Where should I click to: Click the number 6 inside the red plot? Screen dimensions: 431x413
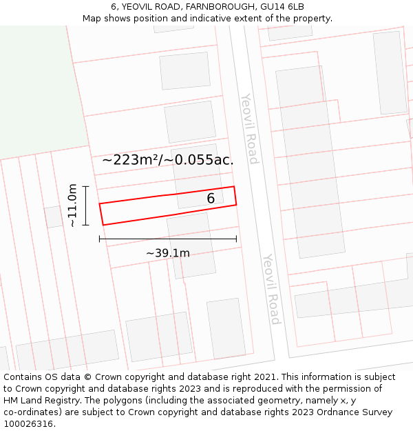[x=211, y=199]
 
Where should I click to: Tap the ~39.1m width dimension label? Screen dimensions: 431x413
[x=168, y=253]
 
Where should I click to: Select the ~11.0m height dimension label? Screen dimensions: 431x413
[x=72, y=206]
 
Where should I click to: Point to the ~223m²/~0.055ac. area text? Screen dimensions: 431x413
[x=168, y=160]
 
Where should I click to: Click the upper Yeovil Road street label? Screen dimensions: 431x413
[x=249, y=129]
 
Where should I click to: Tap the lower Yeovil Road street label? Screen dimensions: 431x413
[x=271, y=289]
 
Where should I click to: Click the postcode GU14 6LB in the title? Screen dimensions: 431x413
[x=282, y=7]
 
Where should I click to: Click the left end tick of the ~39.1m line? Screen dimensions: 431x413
[x=100, y=239]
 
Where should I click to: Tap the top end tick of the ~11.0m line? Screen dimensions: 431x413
[x=85, y=186]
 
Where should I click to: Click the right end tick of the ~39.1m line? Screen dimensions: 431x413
[x=236, y=239]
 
